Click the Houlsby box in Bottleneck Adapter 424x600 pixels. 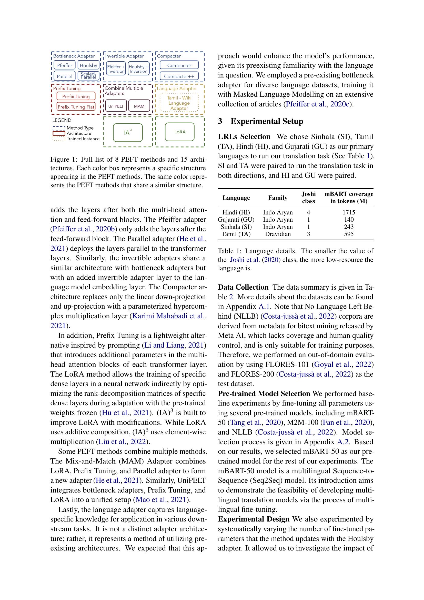tap(88, 65)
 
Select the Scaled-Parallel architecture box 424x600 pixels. tap(88, 76)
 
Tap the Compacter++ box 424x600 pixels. tap(179, 76)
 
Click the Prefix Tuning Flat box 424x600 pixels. tap(76, 107)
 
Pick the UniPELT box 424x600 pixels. tap(116, 106)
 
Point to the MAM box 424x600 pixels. tap(139, 106)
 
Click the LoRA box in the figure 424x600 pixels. tap(180, 132)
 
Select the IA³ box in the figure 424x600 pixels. tap(128, 132)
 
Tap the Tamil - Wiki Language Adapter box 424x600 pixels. tap(179, 103)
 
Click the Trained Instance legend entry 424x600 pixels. tap(83, 139)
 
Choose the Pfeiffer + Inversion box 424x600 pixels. tap(116, 69)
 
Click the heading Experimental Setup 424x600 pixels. tap(267, 121)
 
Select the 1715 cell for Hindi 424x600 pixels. tap(349, 212)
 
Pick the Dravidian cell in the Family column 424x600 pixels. tap(278, 234)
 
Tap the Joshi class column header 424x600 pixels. tap(308, 197)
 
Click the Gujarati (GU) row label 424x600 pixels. tap(236, 220)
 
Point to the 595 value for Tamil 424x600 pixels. tap(349, 234)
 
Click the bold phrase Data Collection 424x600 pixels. tap(243, 287)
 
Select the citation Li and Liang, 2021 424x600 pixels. tap(174, 345)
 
